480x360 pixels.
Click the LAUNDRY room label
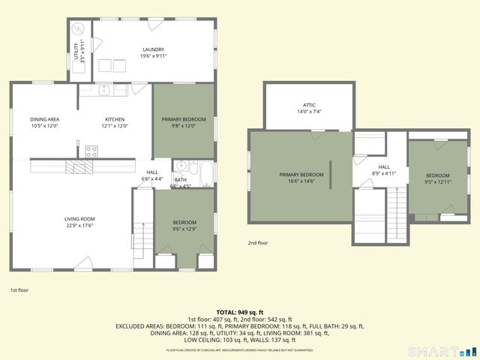tap(154, 49)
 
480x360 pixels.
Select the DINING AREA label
tap(45, 119)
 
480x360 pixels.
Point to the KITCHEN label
tap(115, 119)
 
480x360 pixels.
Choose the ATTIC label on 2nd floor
tap(309, 105)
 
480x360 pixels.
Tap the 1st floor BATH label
tap(181, 179)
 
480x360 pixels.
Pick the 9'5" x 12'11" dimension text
tap(438, 181)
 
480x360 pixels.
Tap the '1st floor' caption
tap(19, 289)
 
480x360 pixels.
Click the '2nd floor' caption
tap(258, 243)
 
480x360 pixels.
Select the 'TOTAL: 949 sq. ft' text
tap(240, 311)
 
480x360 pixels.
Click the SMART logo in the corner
tap(442, 351)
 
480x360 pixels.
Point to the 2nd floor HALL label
tap(384, 166)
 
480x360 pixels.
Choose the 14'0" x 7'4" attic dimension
tap(309, 112)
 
